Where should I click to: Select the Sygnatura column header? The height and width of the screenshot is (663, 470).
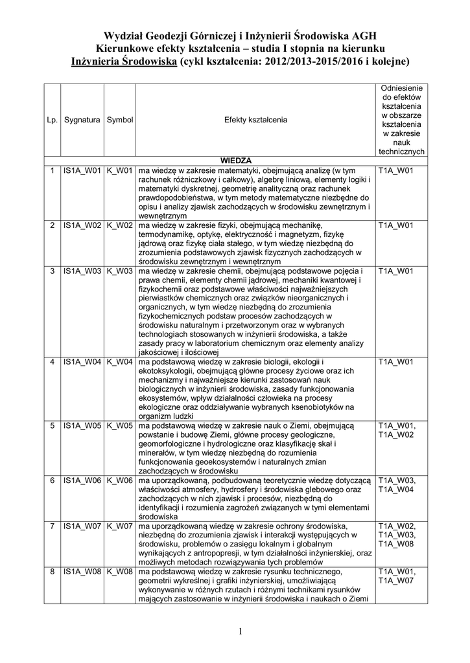tap(82, 120)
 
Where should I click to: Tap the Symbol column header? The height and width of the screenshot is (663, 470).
tap(120, 120)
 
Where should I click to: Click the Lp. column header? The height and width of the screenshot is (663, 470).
tap(52, 120)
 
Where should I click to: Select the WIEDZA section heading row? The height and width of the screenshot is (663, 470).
tap(236, 160)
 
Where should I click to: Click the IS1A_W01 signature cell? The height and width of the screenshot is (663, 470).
tap(82, 170)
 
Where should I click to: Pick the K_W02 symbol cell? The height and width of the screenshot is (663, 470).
tap(120, 225)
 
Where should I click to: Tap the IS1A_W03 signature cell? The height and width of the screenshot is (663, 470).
tap(82, 270)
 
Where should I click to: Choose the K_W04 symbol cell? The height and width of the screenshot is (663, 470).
tap(120, 361)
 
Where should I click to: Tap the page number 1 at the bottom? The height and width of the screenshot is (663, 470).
tap(239, 631)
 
